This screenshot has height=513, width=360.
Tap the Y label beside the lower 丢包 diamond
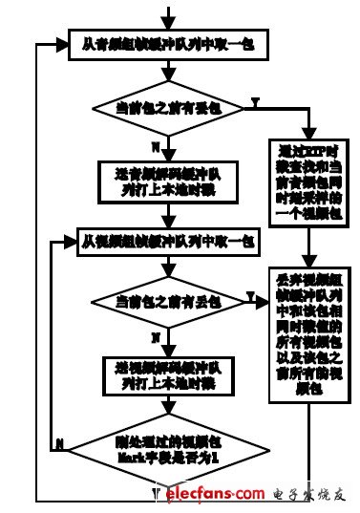(x=250, y=299)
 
